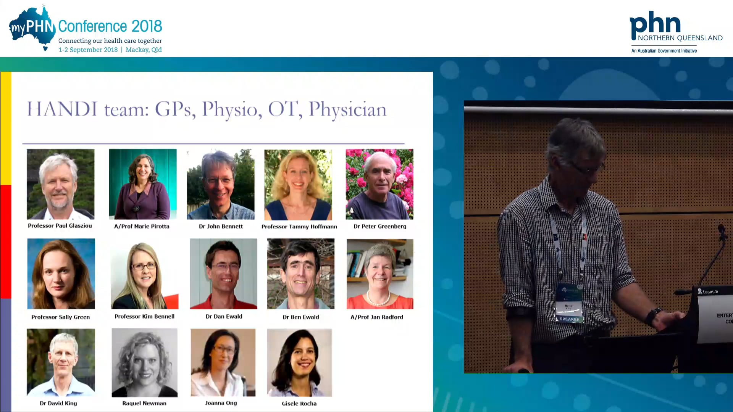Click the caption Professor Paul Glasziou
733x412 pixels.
pyautogui.click(x=60, y=226)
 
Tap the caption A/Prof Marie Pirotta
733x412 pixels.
pyautogui.click(x=142, y=226)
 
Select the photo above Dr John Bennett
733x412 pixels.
pyautogui.click(x=220, y=184)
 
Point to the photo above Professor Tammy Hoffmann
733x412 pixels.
pyautogui.click(x=298, y=184)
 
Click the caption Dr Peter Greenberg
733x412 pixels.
pyautogui.click(x=380, y=226)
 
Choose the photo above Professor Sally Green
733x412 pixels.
pyautogui.click(x=61, y=274)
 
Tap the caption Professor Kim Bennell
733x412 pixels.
pyautogui.click(x=144, y=317)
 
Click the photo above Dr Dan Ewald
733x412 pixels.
pyautogui.click(x=223, y=274)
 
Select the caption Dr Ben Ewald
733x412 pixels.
pyautogui.click(x=301, y=317)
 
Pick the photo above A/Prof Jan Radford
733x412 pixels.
pyautogui.click(x=380, y=274)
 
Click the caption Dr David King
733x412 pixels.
pyautogui.click(x=58, y=403)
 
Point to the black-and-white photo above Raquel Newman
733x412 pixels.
pyautogui.click(x=144, y=362)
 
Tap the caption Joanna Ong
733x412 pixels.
pyautogui.click(x=221, y=403)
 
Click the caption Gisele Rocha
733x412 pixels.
pyautogui.click(x=299, y=403)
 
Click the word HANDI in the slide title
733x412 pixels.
pyautogui.click(x=62, y=109)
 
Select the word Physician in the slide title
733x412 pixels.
pyautogui.click(x=347, y=109)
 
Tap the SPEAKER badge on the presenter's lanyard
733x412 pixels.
pyautogui.click(x=569, y=319)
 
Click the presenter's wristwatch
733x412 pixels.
pyautogui.click(x=653, y=316)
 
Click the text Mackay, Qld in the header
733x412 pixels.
pyautogui.click(x=144, y=50)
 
